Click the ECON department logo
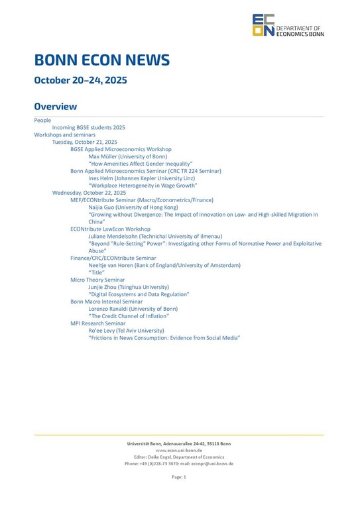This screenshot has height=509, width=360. (288, 25)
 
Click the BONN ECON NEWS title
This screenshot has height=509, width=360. (102, 60)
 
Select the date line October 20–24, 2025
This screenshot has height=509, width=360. (80, 80)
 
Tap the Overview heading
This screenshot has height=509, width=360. (56, 106)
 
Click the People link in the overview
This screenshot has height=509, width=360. (42, 120)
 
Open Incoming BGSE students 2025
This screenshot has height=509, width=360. (88, 127)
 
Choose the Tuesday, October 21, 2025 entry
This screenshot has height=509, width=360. (85, 142)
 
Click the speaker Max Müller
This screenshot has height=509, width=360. (127, 156)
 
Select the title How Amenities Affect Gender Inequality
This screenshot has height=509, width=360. (140, 164)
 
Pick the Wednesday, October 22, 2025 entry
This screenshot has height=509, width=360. (89, 193)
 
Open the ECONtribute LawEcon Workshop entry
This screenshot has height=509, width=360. (110, 229)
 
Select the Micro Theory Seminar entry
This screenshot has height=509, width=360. (97, 280)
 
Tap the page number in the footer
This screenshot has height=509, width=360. (179, 477)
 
